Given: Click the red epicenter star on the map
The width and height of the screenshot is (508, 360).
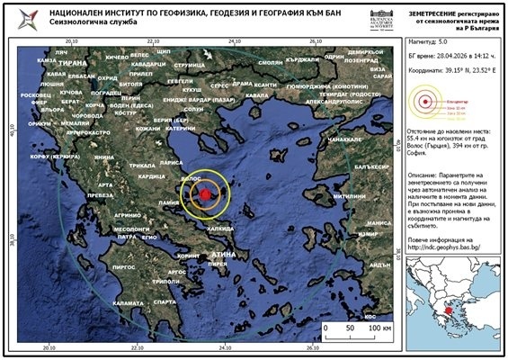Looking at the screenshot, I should click(x=207, y=194).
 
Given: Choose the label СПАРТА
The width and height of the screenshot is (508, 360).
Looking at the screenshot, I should click(x=165, y=302).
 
